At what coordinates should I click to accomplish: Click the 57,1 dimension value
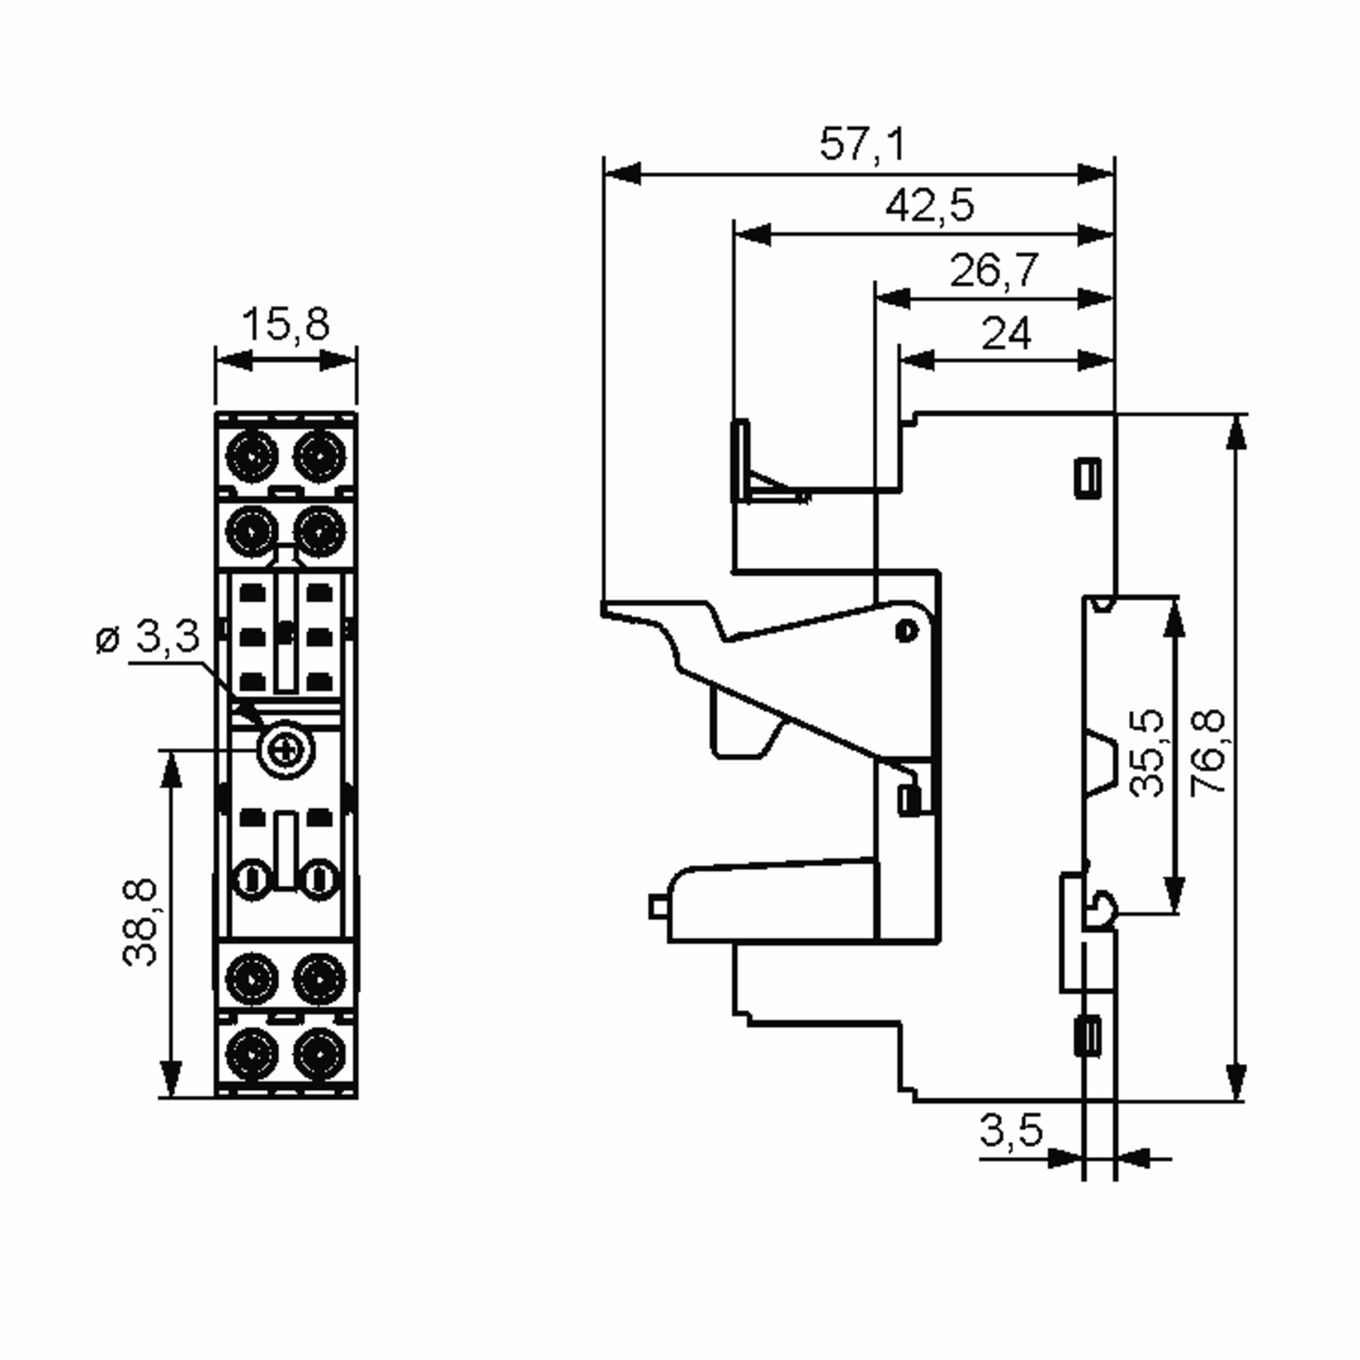click(862, 145)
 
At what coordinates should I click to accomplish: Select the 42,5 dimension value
click(930, 206)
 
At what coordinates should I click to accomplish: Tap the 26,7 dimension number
click(994, 270)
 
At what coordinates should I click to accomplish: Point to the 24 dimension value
click(1006, 333)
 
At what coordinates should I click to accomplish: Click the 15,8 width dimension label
click(285, 325)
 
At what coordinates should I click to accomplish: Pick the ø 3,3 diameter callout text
click(148, 637)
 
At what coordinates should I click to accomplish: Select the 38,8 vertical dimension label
click(141, 922)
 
